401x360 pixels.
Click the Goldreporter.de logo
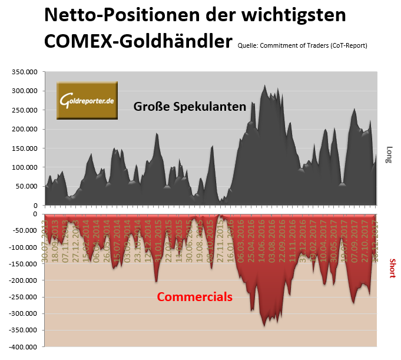(x=87, y=101)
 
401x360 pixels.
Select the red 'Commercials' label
(x=194, y=297)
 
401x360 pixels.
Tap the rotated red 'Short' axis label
(x=392, y=267)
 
